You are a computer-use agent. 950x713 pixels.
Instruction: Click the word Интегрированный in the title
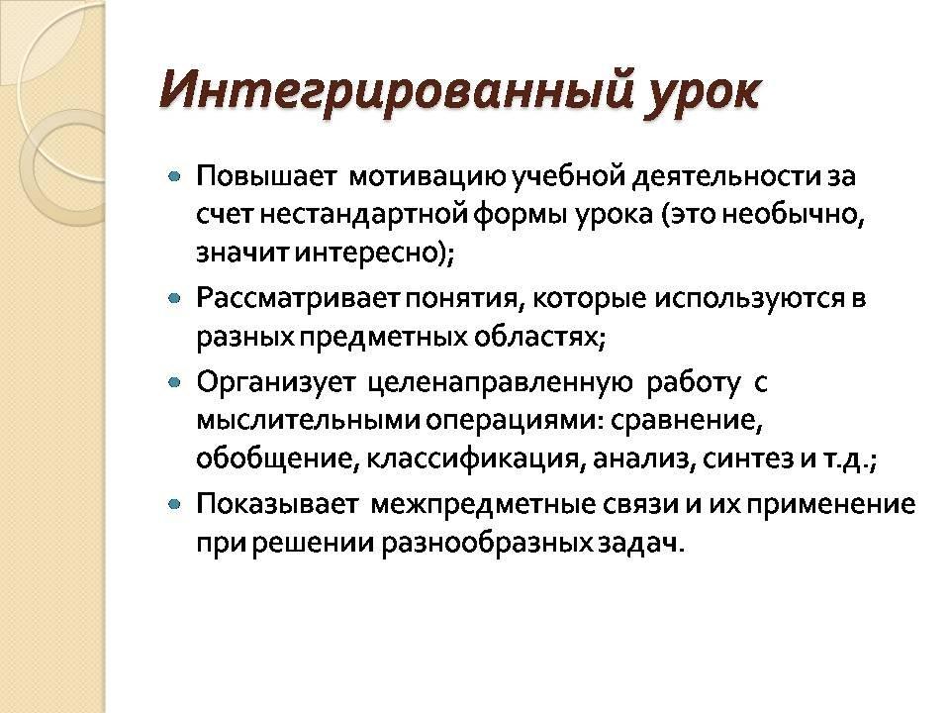coord(396,91)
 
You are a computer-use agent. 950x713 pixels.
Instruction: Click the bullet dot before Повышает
coord(174,176)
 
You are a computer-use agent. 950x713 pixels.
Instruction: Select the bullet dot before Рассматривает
coord(174,298)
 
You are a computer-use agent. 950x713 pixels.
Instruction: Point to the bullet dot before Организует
coord(174,382)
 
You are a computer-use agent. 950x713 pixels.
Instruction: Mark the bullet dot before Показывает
coord(174,504)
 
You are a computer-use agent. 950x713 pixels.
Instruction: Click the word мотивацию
coord(427,177)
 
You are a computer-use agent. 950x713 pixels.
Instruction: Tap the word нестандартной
coord(363,215)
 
